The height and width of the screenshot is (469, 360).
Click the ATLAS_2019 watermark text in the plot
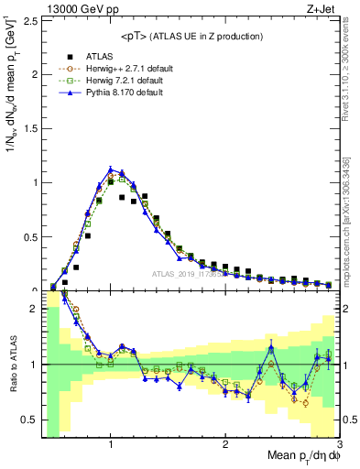pos(192,273)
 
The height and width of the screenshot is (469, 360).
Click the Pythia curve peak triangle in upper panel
pos(111,169)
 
